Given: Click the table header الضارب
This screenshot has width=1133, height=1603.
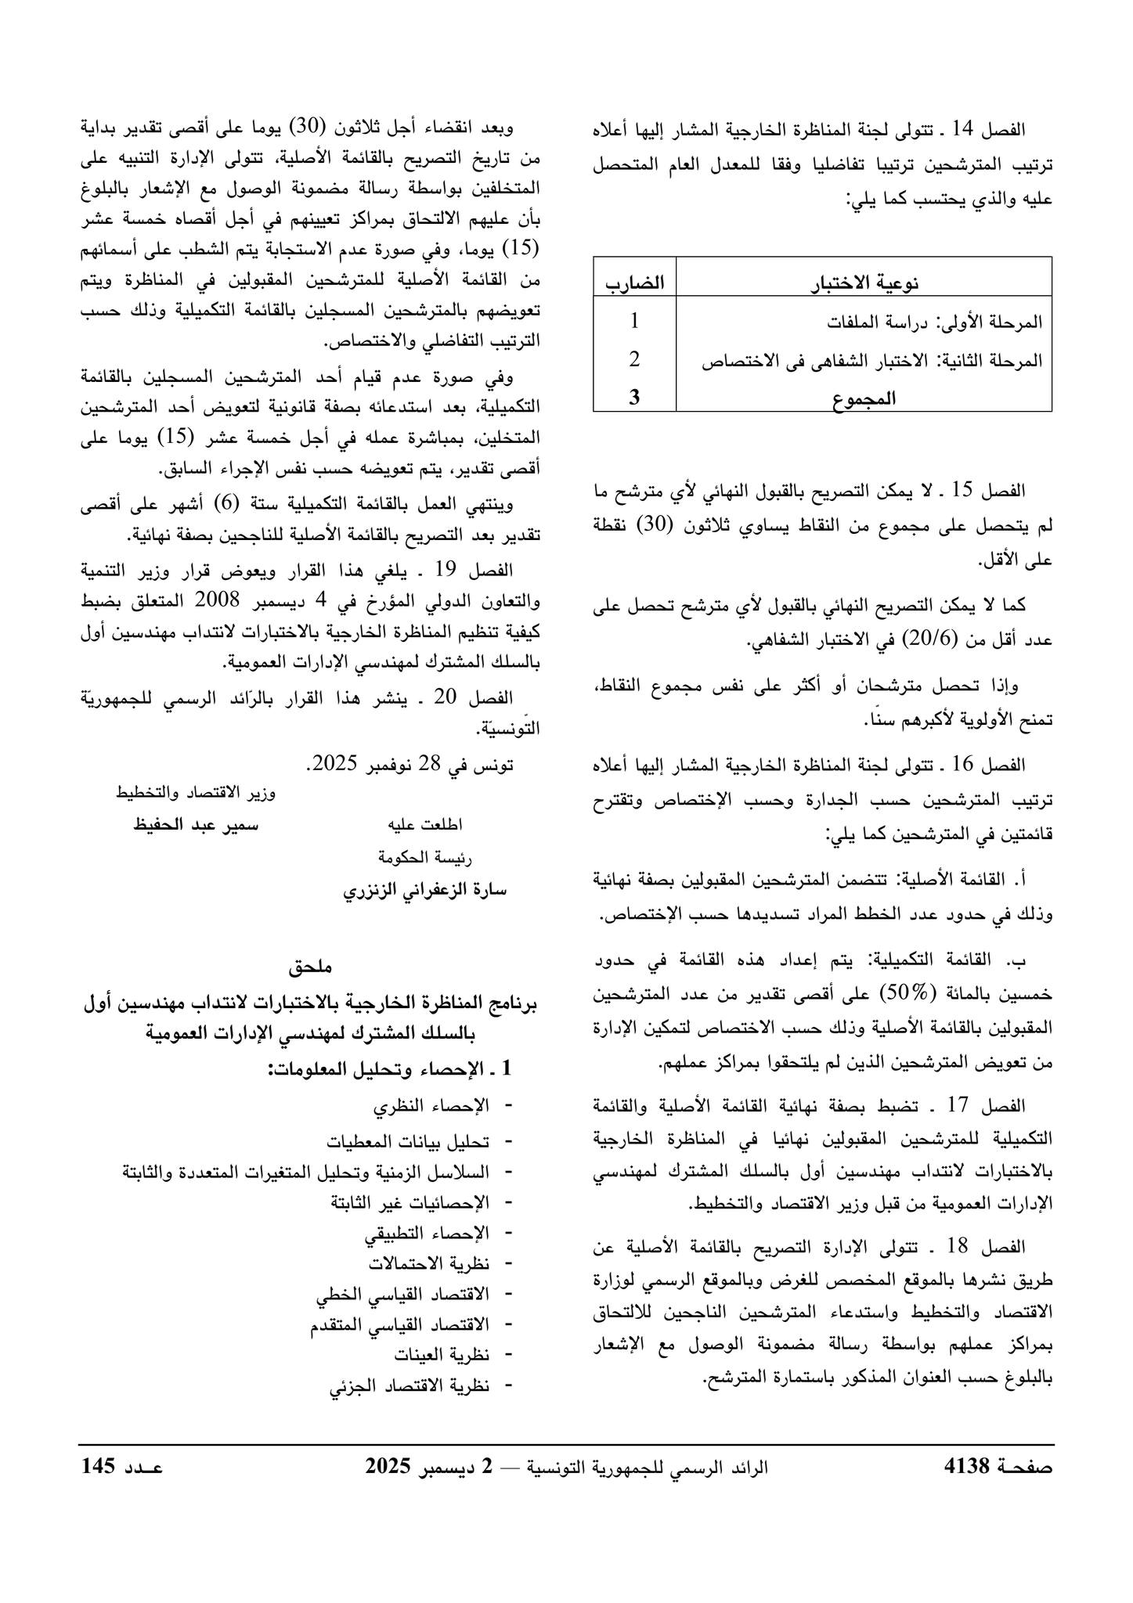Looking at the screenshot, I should [634, 283].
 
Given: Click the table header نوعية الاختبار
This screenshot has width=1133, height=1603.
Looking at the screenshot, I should [864, 283].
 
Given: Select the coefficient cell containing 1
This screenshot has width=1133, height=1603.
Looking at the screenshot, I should [634, 322].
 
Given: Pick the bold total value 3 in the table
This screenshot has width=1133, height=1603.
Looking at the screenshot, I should [634, 397].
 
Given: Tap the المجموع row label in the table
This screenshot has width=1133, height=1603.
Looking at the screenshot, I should [864, 398].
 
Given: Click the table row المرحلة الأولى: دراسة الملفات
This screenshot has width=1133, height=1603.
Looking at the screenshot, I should [936, 322].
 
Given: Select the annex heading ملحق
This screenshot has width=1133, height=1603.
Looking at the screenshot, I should [311, 967].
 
